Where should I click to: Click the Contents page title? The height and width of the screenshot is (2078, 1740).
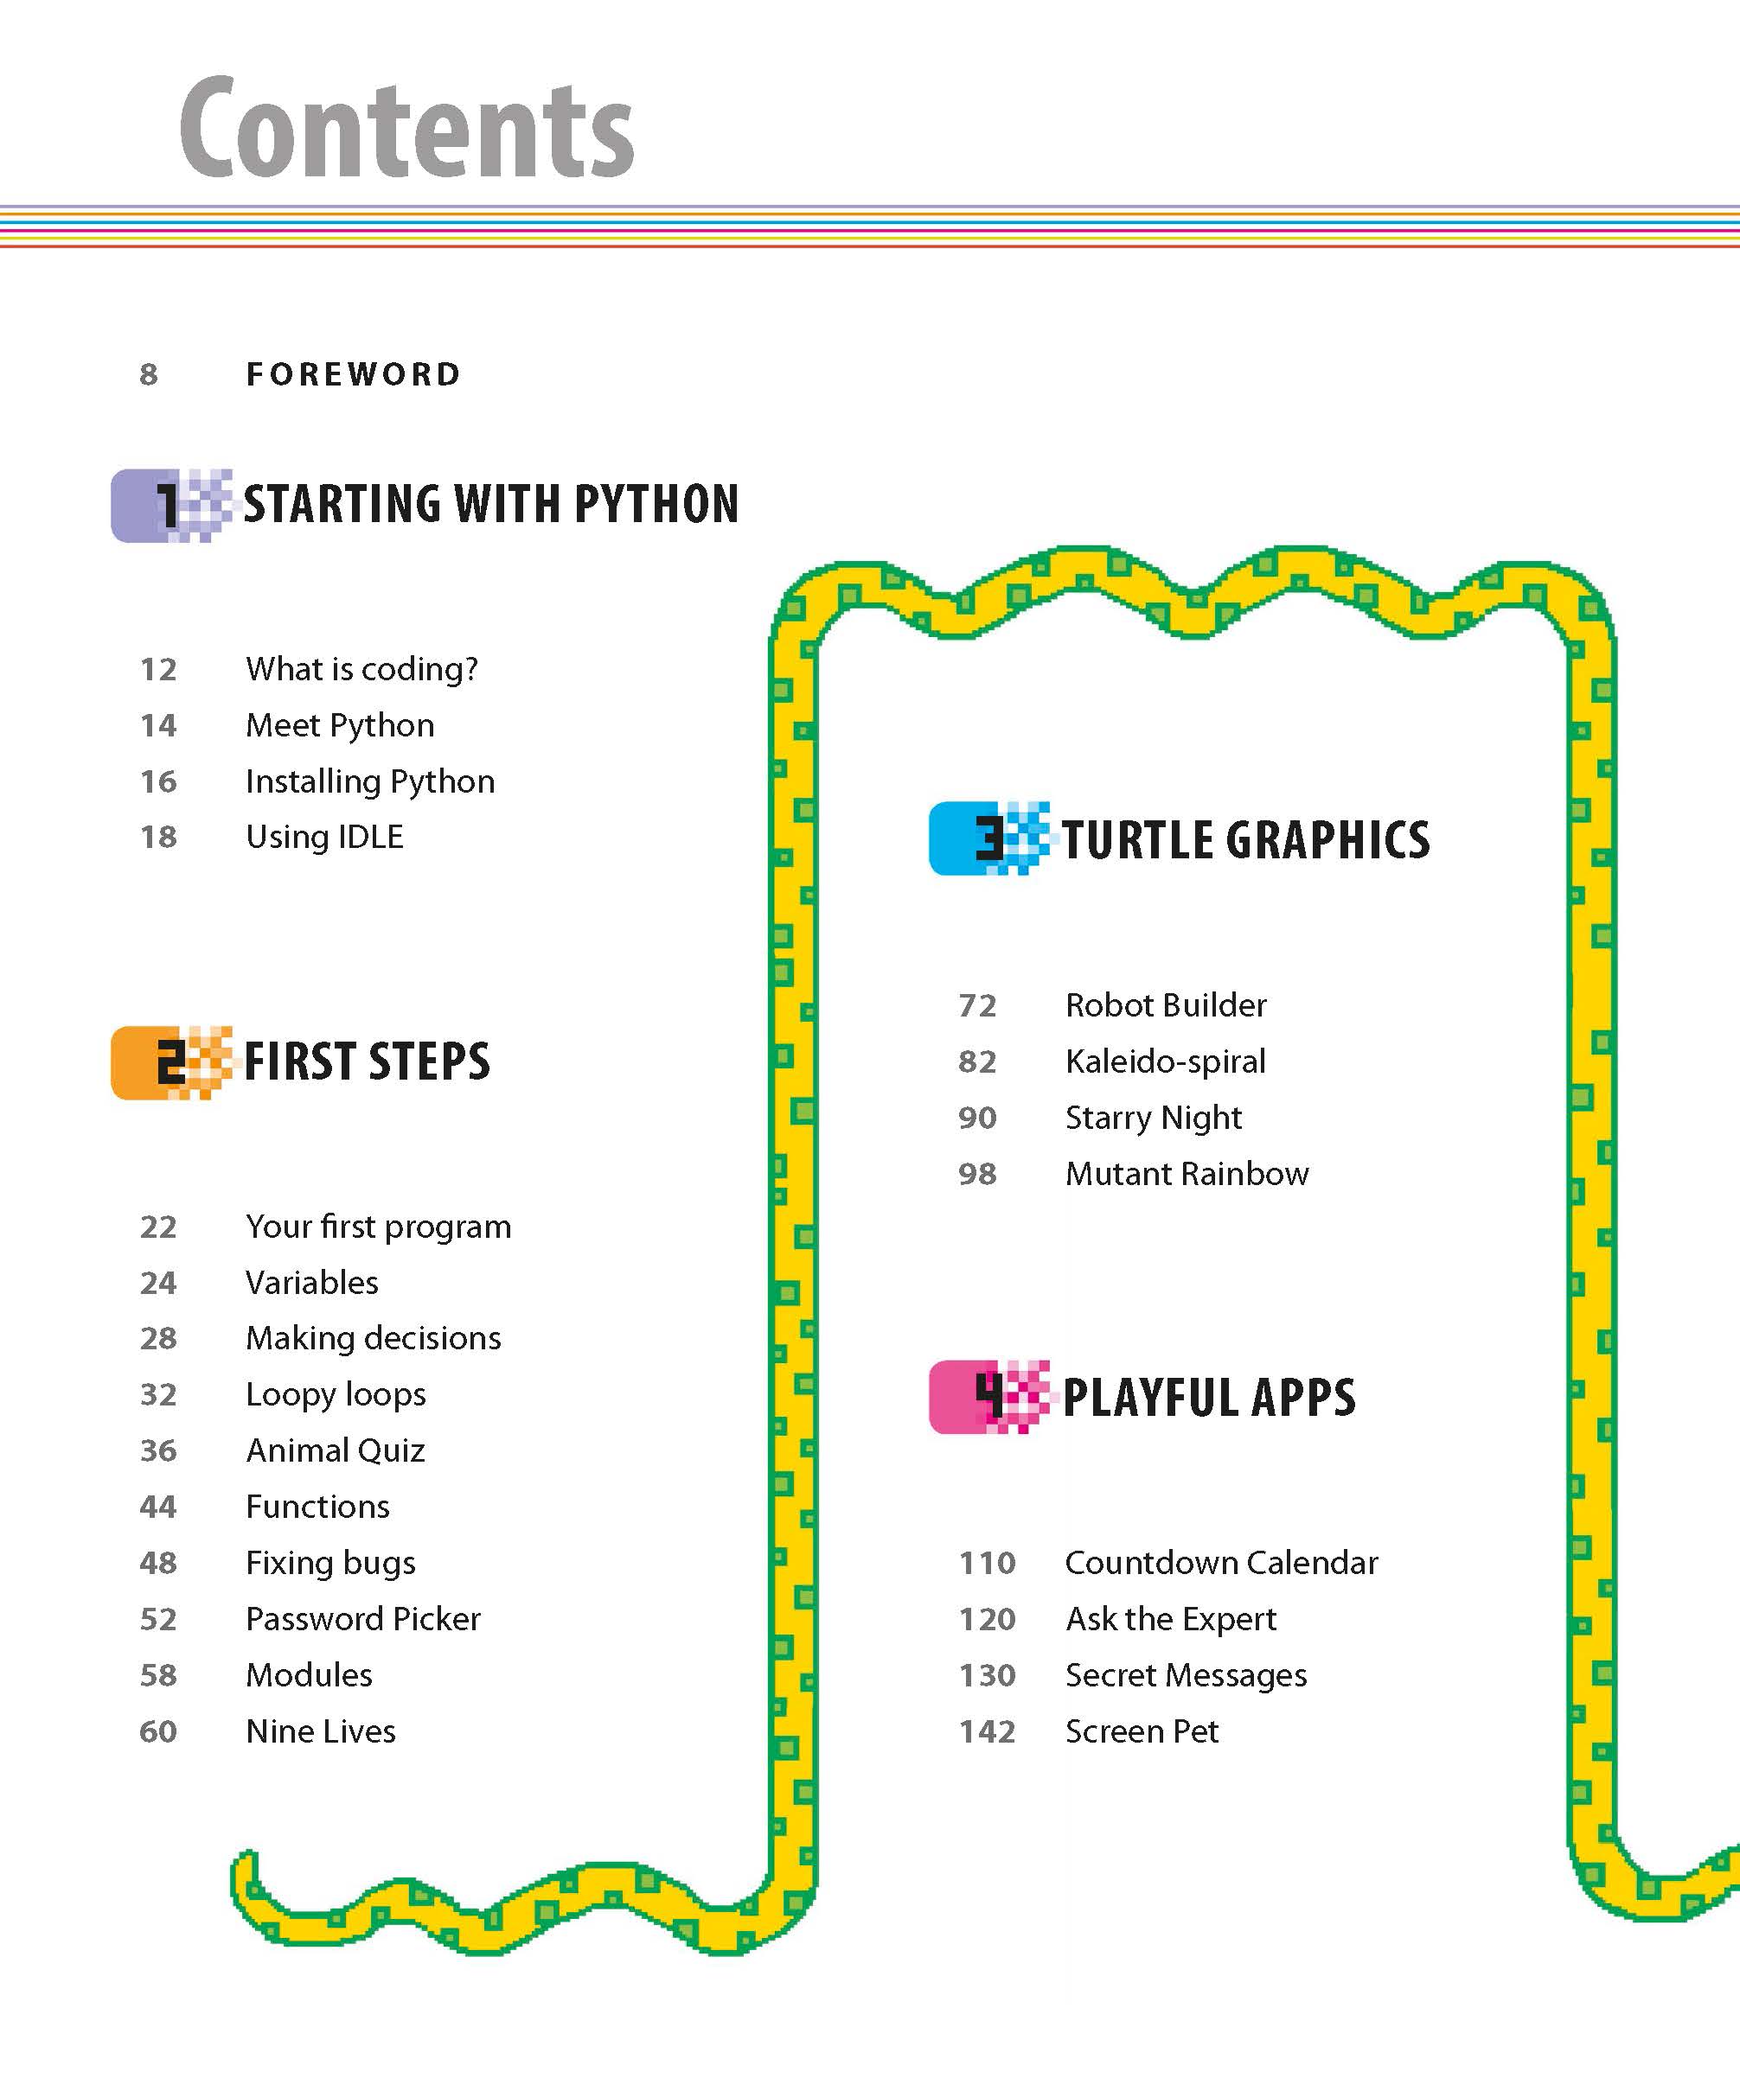406,129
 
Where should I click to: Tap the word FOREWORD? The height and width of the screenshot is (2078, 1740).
354,374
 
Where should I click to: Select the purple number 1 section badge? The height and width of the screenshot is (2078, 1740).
170,506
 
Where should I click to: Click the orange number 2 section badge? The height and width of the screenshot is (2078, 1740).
170,1062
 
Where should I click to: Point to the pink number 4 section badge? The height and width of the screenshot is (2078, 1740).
988,1396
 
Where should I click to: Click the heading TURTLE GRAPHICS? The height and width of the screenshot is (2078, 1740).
1245,840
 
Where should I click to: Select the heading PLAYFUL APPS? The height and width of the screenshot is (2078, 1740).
1208,1397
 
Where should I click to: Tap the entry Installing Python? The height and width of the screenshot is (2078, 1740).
370,781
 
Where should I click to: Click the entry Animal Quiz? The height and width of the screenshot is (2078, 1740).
336,1450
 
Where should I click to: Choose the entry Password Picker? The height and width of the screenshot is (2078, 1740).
363,1619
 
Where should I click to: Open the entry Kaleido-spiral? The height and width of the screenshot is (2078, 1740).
1165,1061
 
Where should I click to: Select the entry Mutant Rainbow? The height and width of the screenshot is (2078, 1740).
1187,1174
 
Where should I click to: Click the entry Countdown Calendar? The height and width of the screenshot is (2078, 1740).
1221,1563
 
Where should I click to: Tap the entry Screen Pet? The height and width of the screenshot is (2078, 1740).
1142,1731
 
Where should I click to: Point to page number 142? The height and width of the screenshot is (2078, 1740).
987,1731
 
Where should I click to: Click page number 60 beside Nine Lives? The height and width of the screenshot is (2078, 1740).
158,1731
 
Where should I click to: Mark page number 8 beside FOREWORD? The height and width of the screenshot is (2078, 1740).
149,374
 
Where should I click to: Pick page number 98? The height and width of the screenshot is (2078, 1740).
977,1174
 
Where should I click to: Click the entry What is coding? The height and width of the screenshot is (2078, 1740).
361,669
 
